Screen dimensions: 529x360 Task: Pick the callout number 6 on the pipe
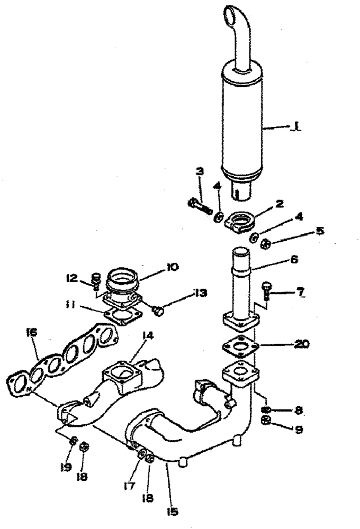(x=294, y=260)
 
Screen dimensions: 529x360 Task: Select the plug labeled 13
(x=158, y=311)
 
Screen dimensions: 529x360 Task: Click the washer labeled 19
(x=74, y=440)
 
